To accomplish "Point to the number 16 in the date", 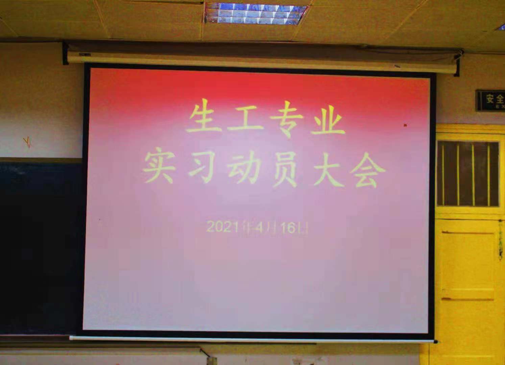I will pyautogui.click(x=288, y=228).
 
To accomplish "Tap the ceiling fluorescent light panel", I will pyautogui.click(x=256, y=13).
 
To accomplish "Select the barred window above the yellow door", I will pyautogui.click(x=468, y=174).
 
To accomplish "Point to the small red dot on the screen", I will pyautogui.click(x=405, y=125).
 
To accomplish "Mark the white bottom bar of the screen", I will pyautogui.click(x=252, y=339).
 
